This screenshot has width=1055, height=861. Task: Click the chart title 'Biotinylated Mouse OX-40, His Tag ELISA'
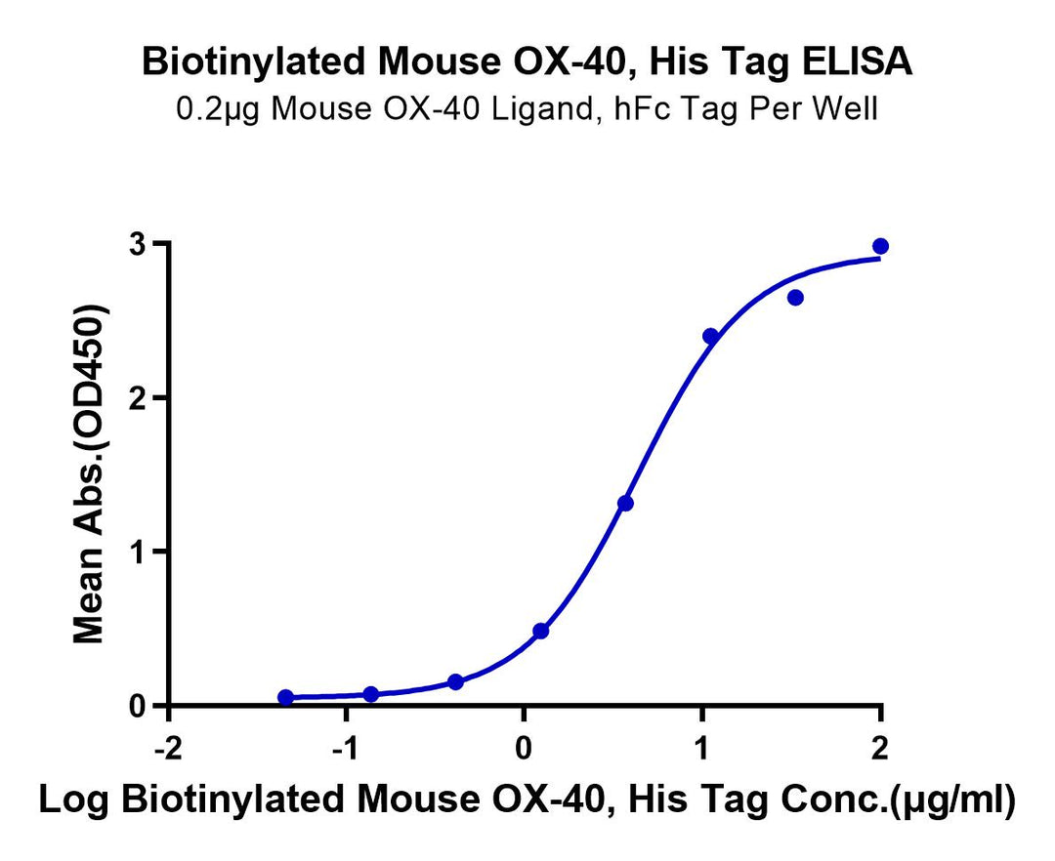[x=527, y=62]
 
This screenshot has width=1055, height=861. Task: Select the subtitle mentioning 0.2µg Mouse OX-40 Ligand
[x=527, y=107]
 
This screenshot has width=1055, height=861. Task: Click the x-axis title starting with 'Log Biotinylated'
[x=527, y=799]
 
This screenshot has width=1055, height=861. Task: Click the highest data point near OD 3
[x=880, y=246]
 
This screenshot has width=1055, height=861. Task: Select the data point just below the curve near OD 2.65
[x=795, y=298]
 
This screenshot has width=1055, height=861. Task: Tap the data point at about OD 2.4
[x=710, y=337]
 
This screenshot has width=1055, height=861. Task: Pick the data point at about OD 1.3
[x=625, y=504]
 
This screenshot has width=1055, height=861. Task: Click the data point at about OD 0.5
[x=540, y=631]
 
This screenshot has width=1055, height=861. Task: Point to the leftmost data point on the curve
[x=285, y=697]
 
